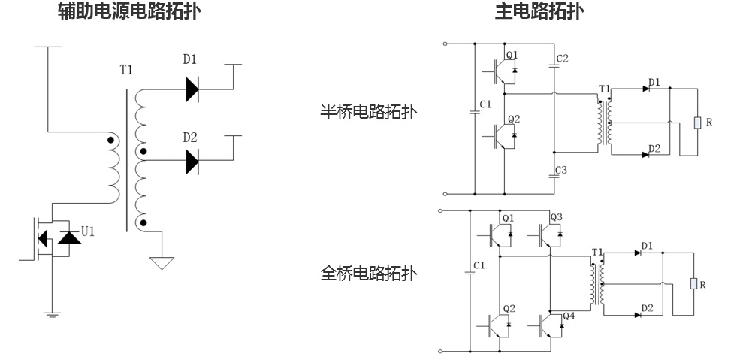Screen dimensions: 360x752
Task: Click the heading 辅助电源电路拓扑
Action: [130, 12]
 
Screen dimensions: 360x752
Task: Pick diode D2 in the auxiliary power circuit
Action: [192, 161]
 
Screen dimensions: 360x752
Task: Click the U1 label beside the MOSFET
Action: [88, 231]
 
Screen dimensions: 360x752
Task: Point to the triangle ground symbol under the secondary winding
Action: [162, 263]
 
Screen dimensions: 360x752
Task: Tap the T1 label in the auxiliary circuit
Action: [126, 70]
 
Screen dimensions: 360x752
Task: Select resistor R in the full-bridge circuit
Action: [693, 284]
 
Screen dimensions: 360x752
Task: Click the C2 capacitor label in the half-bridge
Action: [563, 58]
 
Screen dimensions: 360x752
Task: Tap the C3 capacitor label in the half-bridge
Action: [563, 170]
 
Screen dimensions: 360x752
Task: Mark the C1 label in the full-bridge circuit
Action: [479, 265]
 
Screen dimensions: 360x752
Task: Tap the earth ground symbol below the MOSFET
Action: [52, 313]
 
